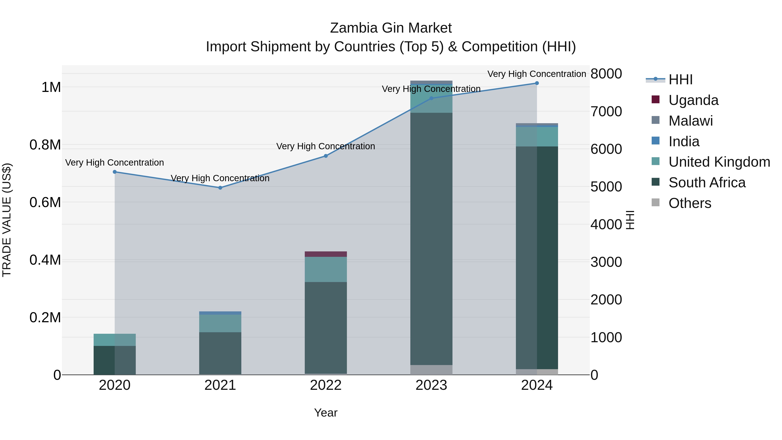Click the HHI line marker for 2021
[x=220, y=188]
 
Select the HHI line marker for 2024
[x=537, y=83]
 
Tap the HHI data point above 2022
[x=326, y=156]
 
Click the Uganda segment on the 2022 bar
[x=326, y=254]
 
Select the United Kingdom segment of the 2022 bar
[x=326, y=269]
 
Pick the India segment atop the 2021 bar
[x=220, y=313]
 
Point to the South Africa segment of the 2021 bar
[x=220, y=353]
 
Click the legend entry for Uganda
[x=693, y=100]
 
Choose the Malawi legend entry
[x=690, y=121]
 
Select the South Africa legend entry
[x=707, y=183]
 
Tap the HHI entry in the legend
[x=680, y=80]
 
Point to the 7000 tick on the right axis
[x=606, y=111]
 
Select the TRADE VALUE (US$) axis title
[x=7, y=220]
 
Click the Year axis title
[x=326, y=413]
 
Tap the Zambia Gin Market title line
[x=391, y=28]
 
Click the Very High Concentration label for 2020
[x=114, y=163]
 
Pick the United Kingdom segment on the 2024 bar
[x=537, y=137]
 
